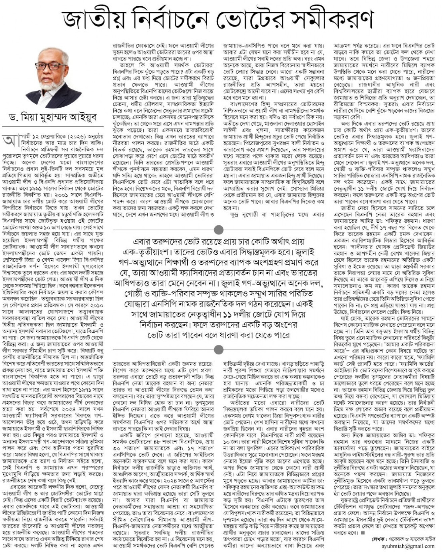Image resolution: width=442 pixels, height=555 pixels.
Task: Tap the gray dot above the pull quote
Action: [x=219, y=230]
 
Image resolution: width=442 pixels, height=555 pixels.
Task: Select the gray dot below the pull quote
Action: [x=219, y=349]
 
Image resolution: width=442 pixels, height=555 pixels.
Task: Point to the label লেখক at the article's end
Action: [x=378, y=539]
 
